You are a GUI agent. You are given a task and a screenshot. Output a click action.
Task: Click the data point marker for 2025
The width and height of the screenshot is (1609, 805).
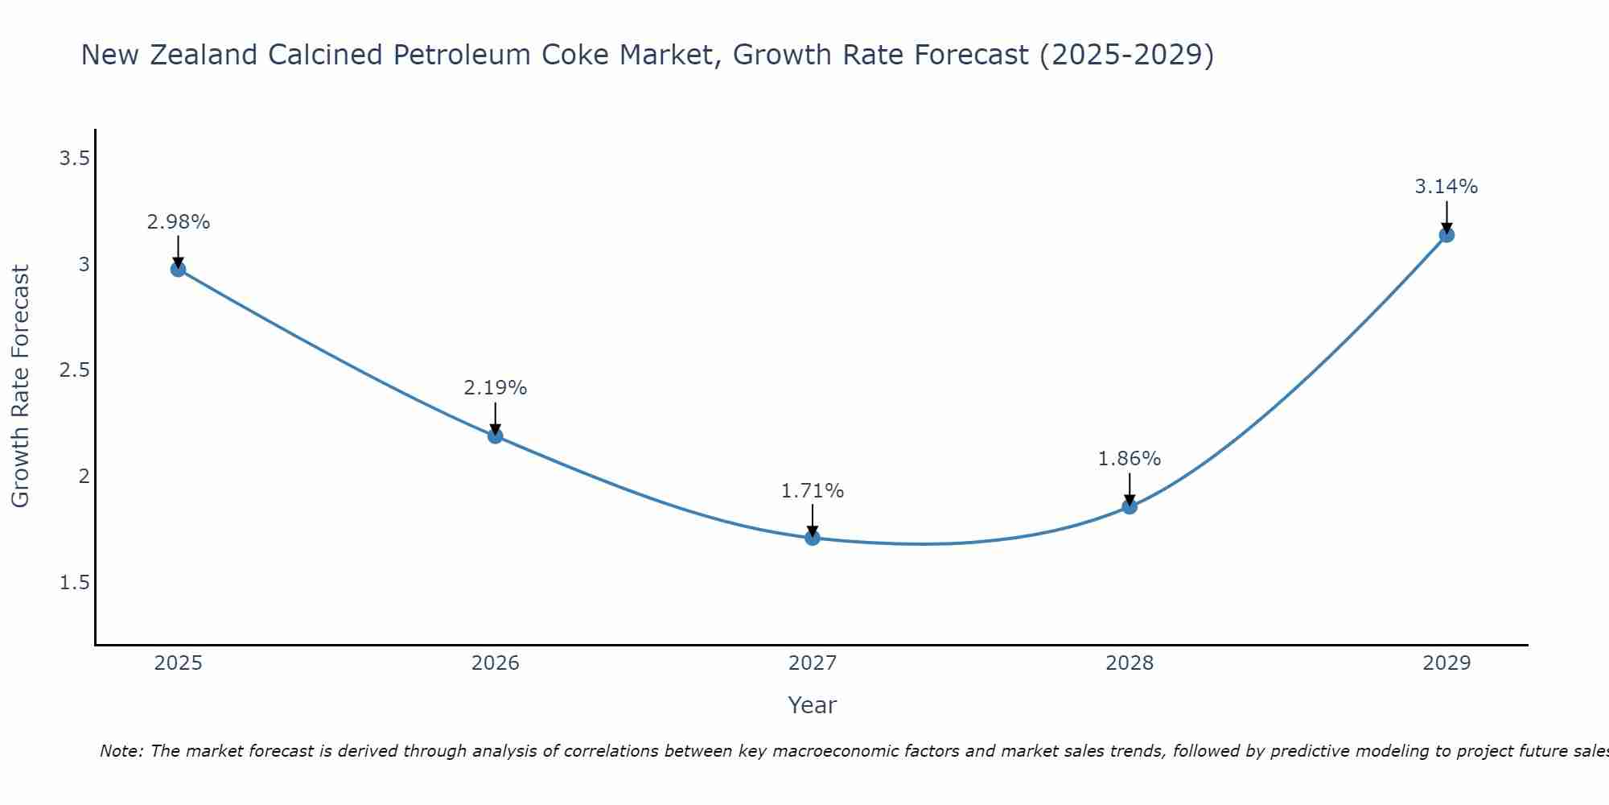179,269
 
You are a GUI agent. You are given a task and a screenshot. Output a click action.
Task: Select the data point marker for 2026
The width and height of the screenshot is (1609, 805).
496,436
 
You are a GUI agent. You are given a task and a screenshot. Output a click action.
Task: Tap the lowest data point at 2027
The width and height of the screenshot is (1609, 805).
813,538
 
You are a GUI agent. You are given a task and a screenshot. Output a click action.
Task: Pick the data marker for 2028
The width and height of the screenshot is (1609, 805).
1130,506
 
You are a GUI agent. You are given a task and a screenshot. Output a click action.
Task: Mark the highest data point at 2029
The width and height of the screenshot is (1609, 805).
1446,235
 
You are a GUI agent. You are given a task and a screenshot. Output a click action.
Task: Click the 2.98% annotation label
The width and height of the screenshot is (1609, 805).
179,222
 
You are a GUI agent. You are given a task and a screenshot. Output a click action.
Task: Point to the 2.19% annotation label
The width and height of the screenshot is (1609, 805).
496,388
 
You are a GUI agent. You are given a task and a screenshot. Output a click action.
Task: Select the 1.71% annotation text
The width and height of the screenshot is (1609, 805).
813,491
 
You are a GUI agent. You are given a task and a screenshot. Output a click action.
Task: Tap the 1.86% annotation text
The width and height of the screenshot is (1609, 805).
1130,459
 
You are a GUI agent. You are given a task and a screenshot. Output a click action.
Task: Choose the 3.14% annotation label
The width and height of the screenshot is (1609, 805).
1446,187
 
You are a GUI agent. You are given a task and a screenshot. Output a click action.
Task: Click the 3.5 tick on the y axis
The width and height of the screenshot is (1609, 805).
74,159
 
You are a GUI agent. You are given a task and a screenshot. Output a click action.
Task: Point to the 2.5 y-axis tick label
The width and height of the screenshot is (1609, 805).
74,370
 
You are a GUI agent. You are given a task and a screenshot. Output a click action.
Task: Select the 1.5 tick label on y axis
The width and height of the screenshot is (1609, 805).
74,583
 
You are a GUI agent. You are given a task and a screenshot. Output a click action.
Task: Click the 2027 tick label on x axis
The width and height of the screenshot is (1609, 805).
813,663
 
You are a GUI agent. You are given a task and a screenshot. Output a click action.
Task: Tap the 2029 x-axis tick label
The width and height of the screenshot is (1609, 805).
1446,663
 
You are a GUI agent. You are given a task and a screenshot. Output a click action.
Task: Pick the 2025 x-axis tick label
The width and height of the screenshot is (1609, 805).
179,663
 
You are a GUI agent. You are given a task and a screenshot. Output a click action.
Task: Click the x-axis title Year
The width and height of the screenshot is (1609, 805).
813,705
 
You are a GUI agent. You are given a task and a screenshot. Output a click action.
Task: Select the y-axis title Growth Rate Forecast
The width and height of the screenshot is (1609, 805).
21,386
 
